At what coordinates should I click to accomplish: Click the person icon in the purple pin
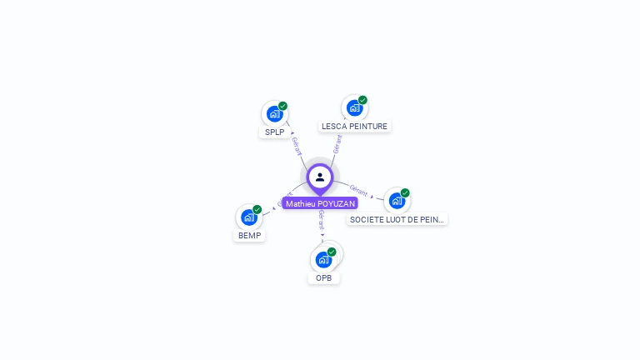coord(320,177)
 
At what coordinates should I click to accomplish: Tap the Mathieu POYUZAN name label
coord(320,203)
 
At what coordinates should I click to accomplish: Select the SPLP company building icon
coord(273,114)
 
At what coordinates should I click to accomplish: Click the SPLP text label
coord(275,132)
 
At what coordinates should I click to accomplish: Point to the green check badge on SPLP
coord(283,106)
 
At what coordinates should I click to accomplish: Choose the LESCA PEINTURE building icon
coord(354,108)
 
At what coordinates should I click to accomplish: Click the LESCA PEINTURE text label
coord(355,127)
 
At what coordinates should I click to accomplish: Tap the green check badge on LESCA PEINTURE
coord(363,100)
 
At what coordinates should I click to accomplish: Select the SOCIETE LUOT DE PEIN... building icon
coord(397,201)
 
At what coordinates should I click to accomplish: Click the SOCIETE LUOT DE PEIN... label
coord(397,219)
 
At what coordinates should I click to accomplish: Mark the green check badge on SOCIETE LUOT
coord(406,192)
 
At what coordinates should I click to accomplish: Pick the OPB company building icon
coord(323,259)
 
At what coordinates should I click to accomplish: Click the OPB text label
coord(324,278)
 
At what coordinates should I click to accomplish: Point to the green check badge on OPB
coord(332,252)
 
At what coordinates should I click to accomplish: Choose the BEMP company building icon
coord(248,217)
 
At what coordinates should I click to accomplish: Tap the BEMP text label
coord(250,236)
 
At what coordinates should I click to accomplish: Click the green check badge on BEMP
coord(257,210)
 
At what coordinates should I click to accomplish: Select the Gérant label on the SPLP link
coord(297,145)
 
